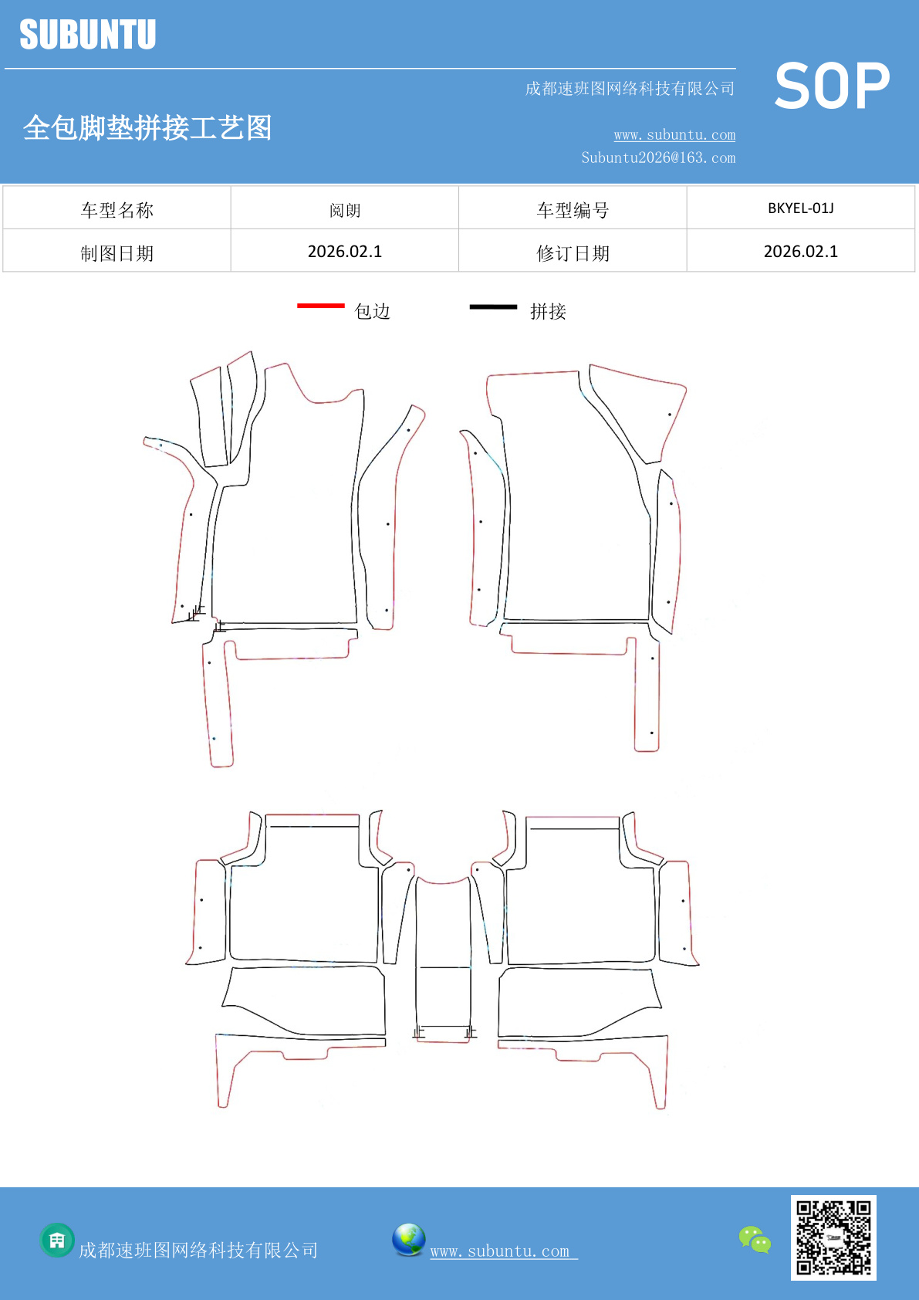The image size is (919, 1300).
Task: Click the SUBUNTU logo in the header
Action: (x=88, y=36)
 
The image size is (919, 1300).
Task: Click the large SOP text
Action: (x=832, y=86)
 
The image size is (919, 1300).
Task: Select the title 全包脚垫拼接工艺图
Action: (x=147, y=127)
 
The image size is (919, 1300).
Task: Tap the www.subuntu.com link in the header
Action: (x=674, y=135)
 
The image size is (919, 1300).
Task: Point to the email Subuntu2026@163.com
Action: (x=658, y=157)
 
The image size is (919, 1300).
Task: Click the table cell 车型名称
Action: (x=117, y=209)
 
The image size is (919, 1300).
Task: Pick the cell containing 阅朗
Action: (x=345, y=209)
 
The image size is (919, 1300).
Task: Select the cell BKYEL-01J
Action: (x=800, y=208)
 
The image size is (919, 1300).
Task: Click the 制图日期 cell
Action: (x=117, y=252)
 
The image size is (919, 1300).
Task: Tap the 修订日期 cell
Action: (x=573, y=252)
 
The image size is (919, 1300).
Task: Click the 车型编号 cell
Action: (x=573, y=209)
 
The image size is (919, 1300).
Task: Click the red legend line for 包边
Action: (x=320, y=306)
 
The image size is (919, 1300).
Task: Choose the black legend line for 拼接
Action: (x=493, y=307)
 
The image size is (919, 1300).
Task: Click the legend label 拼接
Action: (x=548, y=311)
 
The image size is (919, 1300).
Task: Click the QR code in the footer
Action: (x=833, y=1237)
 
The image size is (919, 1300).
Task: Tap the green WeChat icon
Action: (x=755, y=1240)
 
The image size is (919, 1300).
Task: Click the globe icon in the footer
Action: (x=408, y=1240)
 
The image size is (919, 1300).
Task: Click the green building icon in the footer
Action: (x=57, y=1241)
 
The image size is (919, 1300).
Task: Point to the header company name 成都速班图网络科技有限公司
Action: (x=630, y=89)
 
